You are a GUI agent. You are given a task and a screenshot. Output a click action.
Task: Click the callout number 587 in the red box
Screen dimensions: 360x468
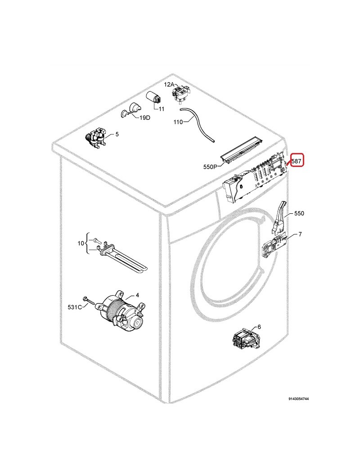point(297,162)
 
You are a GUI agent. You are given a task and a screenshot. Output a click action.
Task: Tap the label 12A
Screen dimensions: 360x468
point(169,85)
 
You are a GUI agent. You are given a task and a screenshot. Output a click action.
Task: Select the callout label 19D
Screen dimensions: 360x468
point(145,118)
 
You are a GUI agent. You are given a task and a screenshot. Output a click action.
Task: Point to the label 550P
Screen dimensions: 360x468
point(210,167)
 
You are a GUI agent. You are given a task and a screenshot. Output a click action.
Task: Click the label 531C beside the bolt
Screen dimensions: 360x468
point(75,307)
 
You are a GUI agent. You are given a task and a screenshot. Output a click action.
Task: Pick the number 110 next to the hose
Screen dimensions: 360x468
point(178,122)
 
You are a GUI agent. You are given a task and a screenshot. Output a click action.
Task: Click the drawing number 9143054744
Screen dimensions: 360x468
point(298,399)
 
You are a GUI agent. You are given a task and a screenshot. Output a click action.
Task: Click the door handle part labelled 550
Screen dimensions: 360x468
point(279,217)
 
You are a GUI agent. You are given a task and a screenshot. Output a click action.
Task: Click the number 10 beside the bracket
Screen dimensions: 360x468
point(81,243)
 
